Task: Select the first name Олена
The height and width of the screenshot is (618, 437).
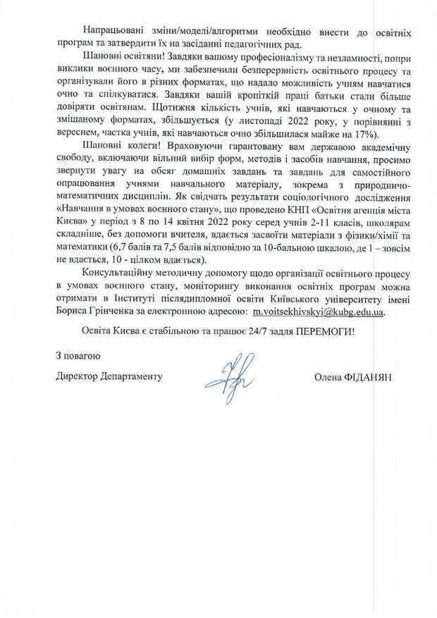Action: [328, 377]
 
